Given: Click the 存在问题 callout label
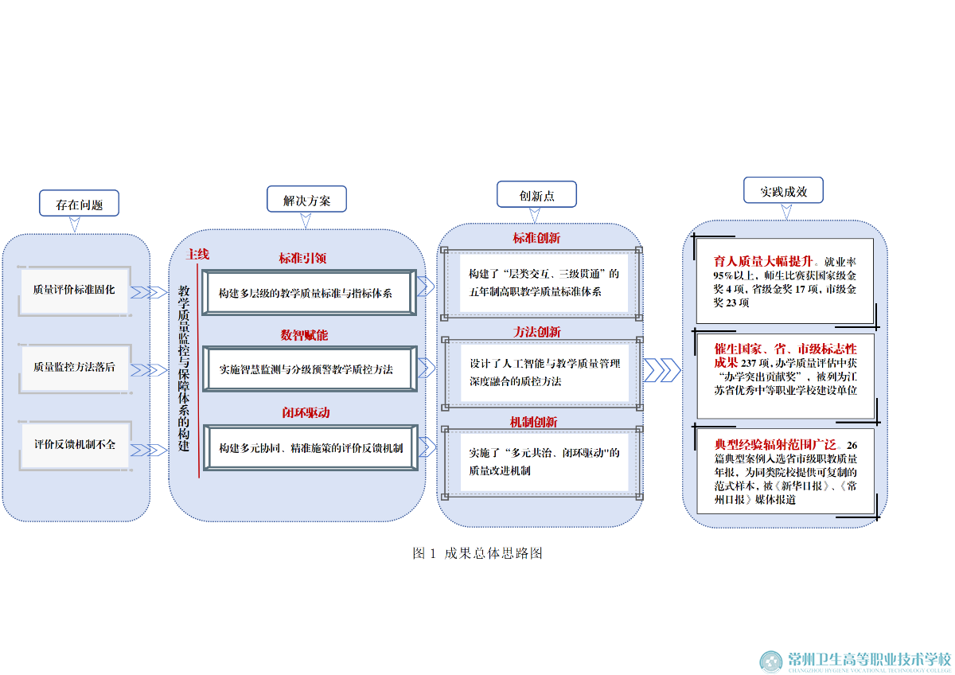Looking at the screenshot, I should (x=79, y=204).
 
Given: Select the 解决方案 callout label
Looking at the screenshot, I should (x=306, y=201).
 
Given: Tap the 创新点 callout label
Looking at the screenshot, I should (x=536, y=195).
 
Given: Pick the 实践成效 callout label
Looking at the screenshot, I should (x=783, y=191).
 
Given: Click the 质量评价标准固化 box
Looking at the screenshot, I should (x=74, y=290).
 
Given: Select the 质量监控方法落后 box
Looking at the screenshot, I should (x=74, y=367).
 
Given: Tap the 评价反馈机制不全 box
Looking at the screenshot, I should (x=74, y=444).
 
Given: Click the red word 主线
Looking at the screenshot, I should (x=197, y=255).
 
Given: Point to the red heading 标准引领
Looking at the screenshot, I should (x=302, y=258).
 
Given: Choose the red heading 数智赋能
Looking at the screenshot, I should (x=303, y=335).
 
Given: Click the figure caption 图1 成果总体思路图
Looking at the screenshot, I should (x=477, y=553).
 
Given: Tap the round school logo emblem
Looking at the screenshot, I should (x=770, y=661).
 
